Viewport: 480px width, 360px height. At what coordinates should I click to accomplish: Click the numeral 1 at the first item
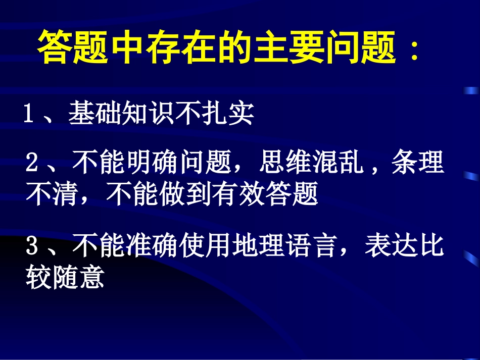(29, 114)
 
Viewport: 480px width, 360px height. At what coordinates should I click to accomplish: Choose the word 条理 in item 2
(418, 164)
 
